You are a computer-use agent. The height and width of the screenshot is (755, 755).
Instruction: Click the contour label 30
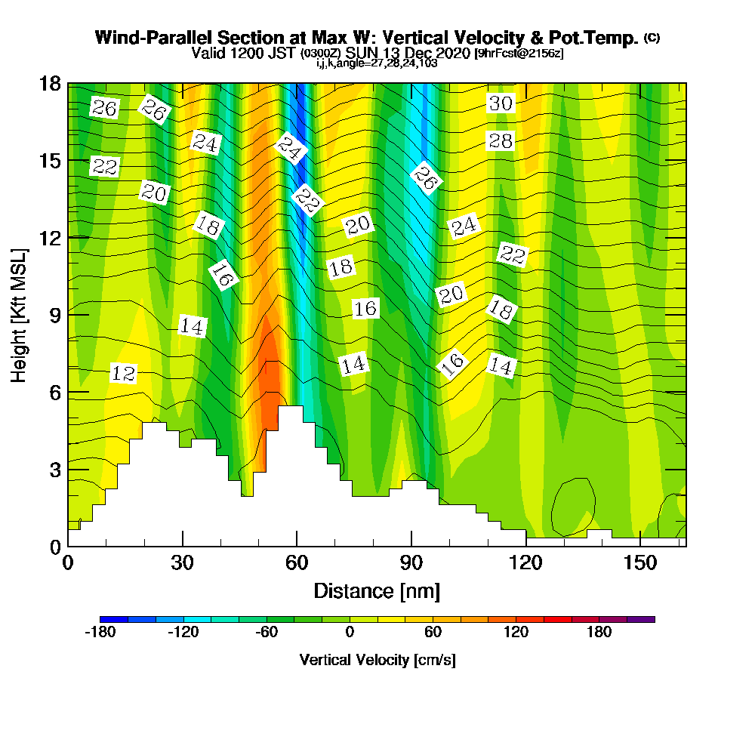[501, 103]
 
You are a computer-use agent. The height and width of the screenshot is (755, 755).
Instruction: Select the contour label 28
[501, 140]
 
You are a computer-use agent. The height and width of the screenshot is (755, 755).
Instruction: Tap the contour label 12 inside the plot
[123, 373]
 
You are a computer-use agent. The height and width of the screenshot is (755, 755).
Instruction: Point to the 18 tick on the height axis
[51, 84]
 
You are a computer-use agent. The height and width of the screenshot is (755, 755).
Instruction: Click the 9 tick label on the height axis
[54, 314]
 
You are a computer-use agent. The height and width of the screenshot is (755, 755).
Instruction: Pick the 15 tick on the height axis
[51, 161]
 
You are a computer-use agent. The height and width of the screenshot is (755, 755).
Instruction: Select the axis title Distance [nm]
[377, 590]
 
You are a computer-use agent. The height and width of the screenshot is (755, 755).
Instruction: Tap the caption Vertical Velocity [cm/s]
[377, 660]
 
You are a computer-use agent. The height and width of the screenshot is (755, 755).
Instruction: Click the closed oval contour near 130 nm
[573, 504]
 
